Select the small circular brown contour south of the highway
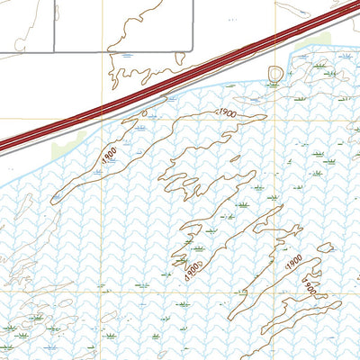point(274,73)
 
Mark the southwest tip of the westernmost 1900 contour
point(53,199)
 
